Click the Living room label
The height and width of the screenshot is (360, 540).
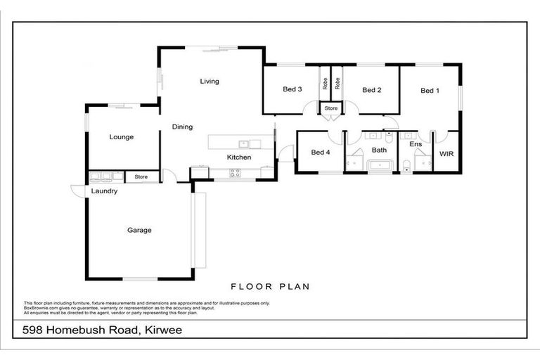209,82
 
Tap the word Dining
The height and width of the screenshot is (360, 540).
182,127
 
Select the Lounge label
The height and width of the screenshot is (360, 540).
121,137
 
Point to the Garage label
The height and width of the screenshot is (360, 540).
139,230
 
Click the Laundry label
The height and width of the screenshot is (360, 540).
103,191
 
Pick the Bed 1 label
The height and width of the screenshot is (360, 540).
430,91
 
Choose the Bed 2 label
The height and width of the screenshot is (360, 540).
371,90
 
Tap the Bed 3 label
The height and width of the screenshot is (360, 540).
292,89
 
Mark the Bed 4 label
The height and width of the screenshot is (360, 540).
320,152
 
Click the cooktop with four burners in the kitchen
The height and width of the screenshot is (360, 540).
236,172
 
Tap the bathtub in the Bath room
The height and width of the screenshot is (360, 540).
380,166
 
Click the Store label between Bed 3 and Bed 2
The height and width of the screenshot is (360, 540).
330,108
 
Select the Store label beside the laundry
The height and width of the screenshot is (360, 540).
141,177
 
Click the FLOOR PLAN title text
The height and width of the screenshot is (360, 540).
271,287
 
